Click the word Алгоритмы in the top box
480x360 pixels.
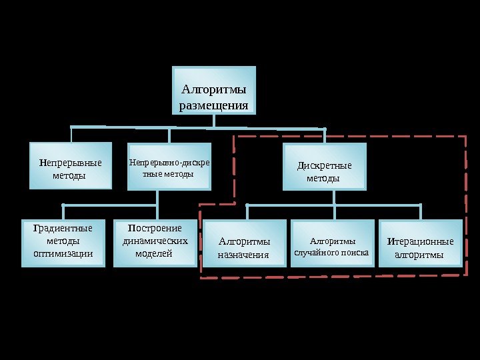pyautogui.click(x=214, y=89)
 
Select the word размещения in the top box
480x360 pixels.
pyautogui.click(x=214, y=105)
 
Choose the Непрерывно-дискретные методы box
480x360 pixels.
pyautogui.click(x=169, y=167)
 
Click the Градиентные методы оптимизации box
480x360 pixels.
pyautogui.click(x=63, y=243)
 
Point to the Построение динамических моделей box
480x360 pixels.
pyautogui.click(x=154, y=243)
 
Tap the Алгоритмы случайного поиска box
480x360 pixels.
pyautogui.click(x=332, y=244)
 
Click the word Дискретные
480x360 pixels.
pyautogui.click(x=325, y=166)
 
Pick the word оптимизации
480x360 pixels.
pyautogui.click(x=63, y=253)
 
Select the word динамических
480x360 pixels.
pyautogui.click(x=155, y=241)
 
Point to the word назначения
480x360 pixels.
pyautogui.click(x=243, y=255)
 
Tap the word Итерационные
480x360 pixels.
pyautogui.click(x=420, y=241)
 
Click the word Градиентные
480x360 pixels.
pyautogui.click(x=63, y=229)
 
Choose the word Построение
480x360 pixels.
pyautogui.click(x=155, y=229)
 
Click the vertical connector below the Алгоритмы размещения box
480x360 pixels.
pyautogui.click(x=214, y=120)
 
